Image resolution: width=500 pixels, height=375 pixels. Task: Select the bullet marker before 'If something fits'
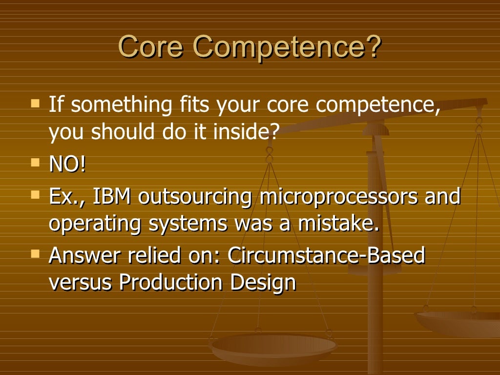35,103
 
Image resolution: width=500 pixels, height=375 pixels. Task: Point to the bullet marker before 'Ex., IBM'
35,194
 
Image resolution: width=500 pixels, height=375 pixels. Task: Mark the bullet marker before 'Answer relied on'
35,252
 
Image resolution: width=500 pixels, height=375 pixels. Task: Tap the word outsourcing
195,198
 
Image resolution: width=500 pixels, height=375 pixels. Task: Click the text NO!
67,165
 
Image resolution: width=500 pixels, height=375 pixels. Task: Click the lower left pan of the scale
273,348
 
